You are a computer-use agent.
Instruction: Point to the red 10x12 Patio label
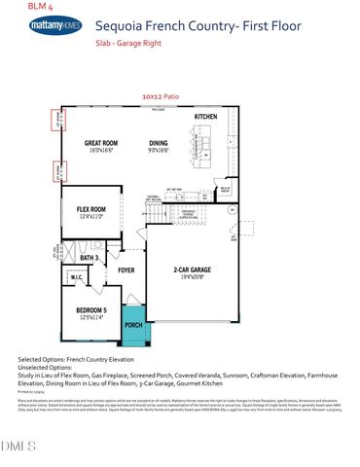click(160, 97)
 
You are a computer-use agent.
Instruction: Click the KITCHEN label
click(205, 117)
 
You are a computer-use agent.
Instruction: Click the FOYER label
click(126, 271)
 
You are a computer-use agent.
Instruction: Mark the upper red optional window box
click(56, 121)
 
